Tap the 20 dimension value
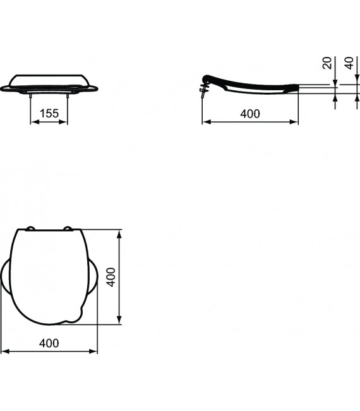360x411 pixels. coord(327,63)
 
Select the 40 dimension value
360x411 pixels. coord(349,63)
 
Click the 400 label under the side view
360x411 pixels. coord(249,113)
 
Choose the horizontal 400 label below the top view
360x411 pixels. coord(49,343)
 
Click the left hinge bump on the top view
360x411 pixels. coord(30,229)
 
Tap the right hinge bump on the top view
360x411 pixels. coord(67,229)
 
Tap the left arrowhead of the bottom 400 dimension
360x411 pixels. coord(4,352)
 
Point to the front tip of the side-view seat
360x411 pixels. coord(299,88)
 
